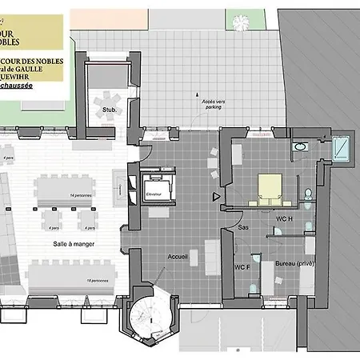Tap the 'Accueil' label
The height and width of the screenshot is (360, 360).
[x=178, y=257]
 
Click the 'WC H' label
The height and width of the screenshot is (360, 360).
[x=285, y=218]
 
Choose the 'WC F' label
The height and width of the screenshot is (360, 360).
[x=242, y=266]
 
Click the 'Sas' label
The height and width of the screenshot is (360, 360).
[x=242, y=226]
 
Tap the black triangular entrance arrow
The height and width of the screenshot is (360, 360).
[x=214, y=195]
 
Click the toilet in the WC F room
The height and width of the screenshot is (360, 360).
[x=253, y=286]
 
